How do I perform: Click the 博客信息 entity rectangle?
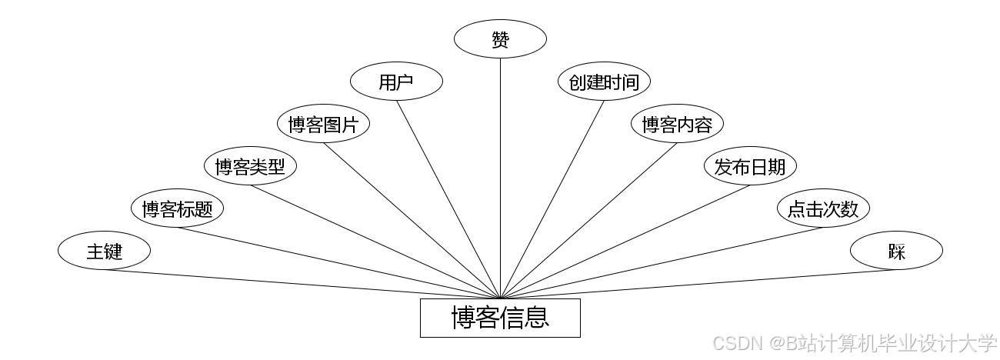point(500,318)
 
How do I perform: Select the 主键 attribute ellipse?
point(104,251)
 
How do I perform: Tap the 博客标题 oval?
point(177,208)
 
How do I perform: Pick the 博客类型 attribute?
point(250,166)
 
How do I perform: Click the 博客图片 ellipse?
point(323,124)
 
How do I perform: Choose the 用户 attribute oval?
point(396,82)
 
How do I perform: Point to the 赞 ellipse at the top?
point(500,39)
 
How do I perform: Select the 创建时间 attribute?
point(604,82)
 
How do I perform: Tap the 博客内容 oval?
point(677,124)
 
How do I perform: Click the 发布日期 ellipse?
point(750,166)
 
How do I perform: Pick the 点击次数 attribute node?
point(823,208)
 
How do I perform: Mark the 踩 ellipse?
point(896,251)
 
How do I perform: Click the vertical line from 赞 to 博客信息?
point(500,177)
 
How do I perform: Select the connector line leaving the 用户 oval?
point(448,199)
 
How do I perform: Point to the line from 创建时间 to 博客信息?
point(552,199)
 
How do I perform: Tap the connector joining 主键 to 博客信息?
point(308,285)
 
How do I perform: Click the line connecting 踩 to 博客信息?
point(692,285)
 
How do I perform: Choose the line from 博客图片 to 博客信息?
point(412,220)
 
